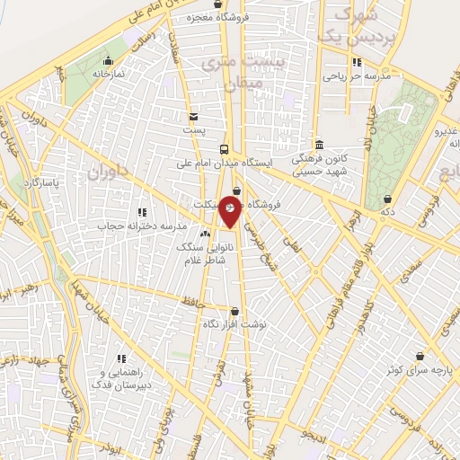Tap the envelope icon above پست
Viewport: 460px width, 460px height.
[193, 117]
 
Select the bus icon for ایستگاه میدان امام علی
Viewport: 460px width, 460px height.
[224, 150]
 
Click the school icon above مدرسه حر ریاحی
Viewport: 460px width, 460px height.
[357, 63]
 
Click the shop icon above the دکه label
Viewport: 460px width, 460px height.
[387, 199]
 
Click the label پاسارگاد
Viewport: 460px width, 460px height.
[40, 182]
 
